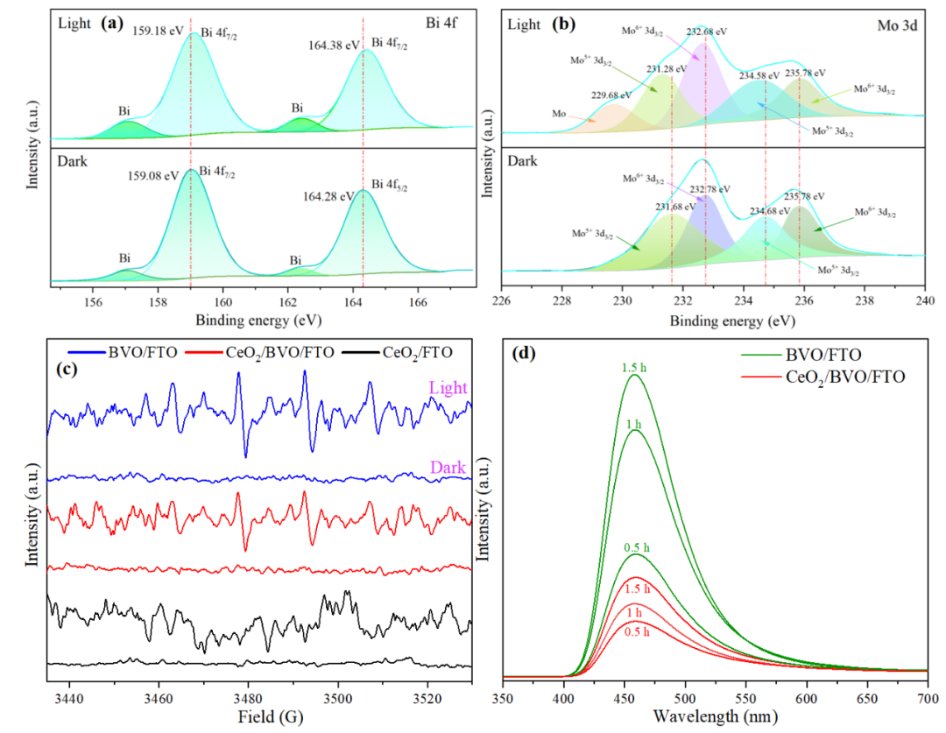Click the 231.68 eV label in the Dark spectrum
(676, 207)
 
